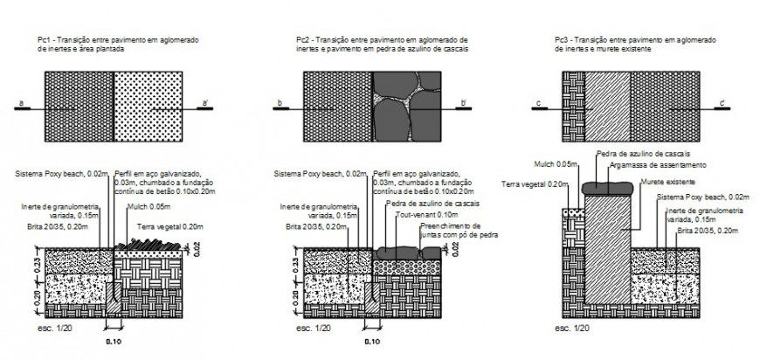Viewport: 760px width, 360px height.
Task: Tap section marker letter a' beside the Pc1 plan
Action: [x=205, y=104]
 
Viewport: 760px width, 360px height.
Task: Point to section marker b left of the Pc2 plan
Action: [x=278, y=104]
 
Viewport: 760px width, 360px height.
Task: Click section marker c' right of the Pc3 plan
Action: [x=724, y=104]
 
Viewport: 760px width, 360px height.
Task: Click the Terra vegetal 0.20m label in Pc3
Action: [x=535, y=184]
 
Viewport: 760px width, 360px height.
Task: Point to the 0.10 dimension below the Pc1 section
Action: [x=113, y=342]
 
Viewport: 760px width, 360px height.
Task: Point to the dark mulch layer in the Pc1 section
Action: [x=149, y=241]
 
